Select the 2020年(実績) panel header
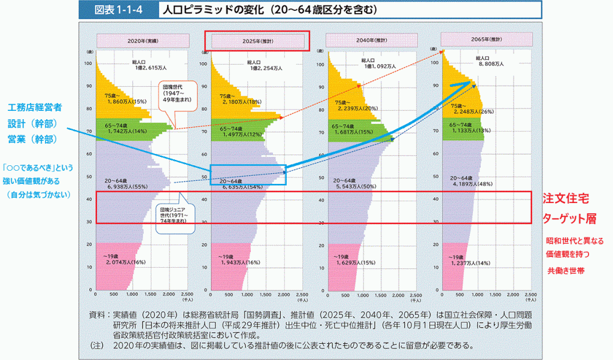pos(144,41)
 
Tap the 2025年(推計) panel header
pos(257,41)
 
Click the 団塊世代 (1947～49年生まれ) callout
pos(176,97)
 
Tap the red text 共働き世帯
pos(566,271)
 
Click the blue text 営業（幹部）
pos(32,140)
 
